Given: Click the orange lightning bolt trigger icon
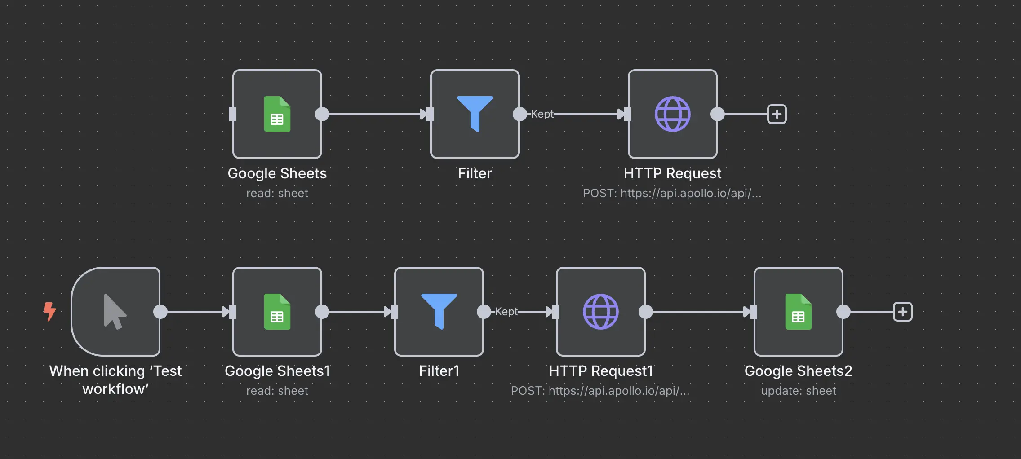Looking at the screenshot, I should [50, 311].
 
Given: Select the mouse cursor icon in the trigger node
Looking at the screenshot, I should [115, 311].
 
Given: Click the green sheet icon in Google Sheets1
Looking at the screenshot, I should [277, 311].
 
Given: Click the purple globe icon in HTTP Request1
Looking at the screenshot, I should [600, 311].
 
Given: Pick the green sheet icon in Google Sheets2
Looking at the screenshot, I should [798, 311].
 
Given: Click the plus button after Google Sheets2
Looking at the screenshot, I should [902, 311].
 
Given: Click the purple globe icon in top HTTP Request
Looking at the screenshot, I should [672, 114].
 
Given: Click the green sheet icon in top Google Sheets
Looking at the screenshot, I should [277, 114].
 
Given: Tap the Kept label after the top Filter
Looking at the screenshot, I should [542, 114].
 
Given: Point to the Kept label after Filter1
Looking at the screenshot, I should [506, 311].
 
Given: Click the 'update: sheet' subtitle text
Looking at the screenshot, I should [798, 391].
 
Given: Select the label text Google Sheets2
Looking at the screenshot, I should [798, 371].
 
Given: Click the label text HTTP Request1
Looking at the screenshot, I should [600, 371].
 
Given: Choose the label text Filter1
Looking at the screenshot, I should [439, 371].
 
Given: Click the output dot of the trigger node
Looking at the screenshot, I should [160, 311].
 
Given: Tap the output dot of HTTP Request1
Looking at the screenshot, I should [646, 311].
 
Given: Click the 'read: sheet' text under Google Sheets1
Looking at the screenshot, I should [277, 391].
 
